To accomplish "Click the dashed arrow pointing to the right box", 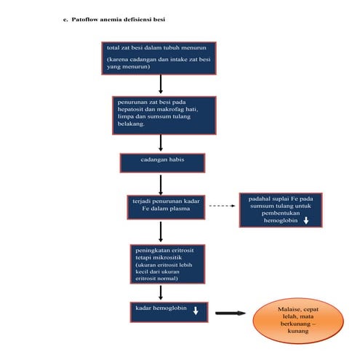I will click(223, 206).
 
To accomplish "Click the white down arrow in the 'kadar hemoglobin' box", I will click(196, 311).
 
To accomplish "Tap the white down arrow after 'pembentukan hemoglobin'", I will click(307, 220).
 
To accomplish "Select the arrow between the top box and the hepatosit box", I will click(160, 85).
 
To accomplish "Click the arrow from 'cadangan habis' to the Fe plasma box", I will click(160, 183).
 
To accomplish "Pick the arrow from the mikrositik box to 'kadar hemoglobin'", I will click(160, 292).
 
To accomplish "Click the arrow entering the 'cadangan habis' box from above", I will click(160, 143).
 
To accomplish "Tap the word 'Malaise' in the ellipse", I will click(282, 311).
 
